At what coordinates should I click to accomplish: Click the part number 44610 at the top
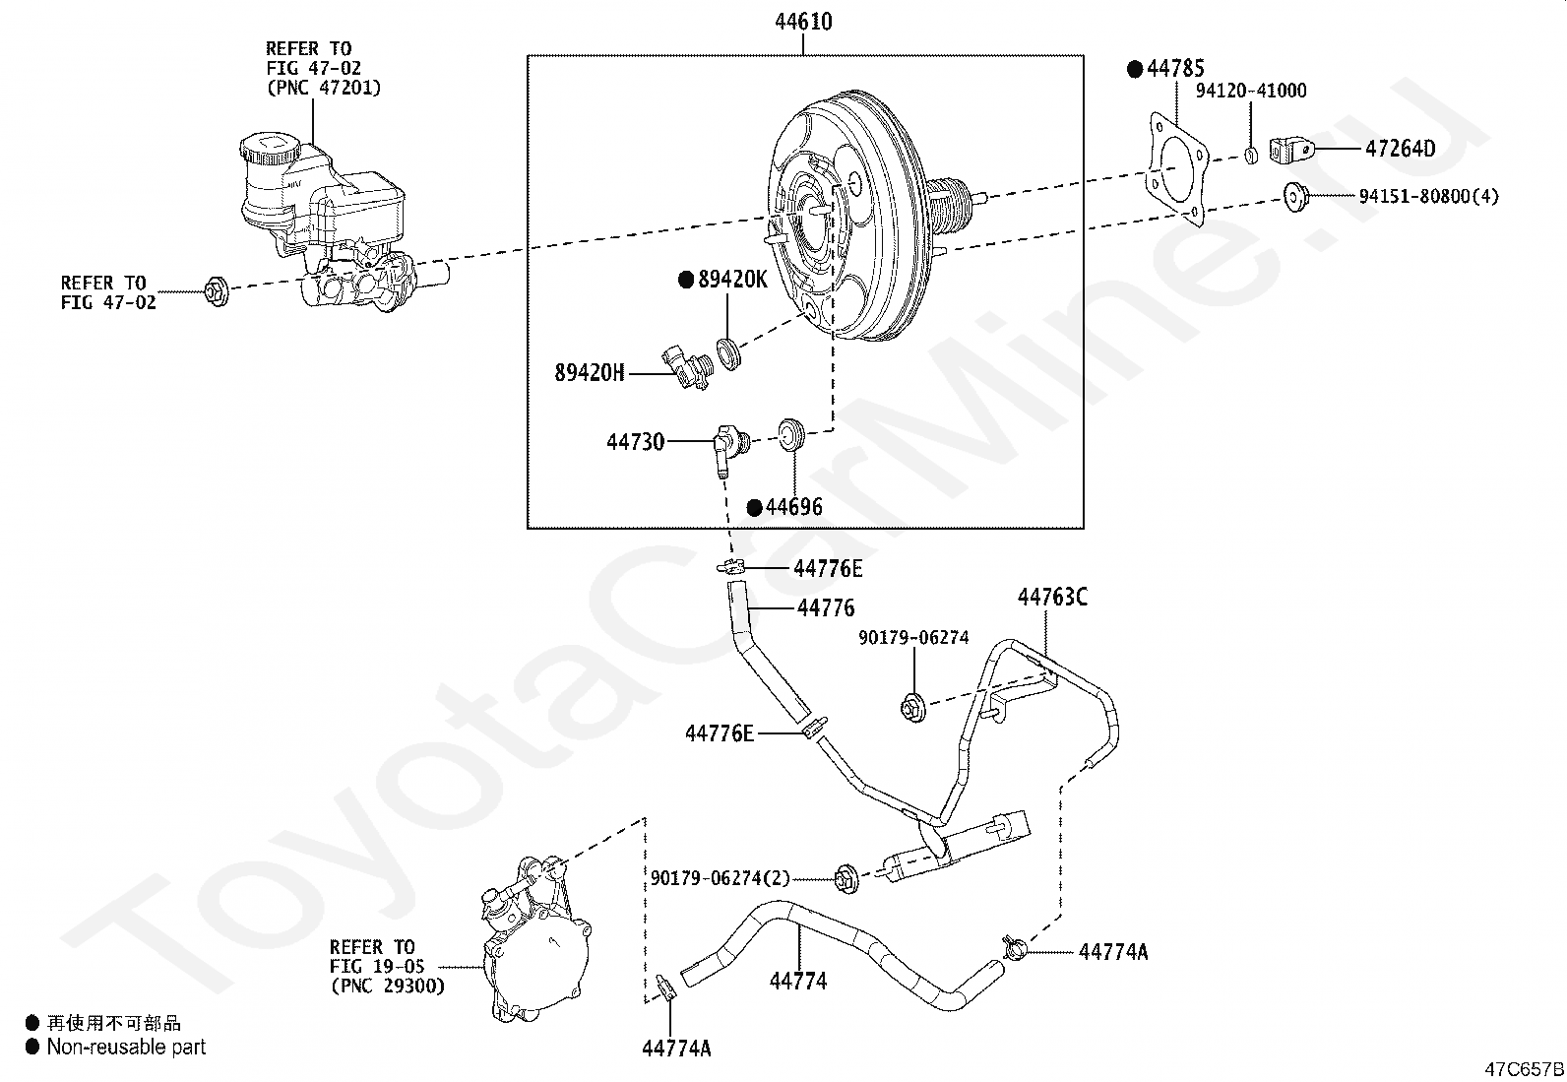(805, 22)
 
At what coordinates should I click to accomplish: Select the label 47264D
(1400, 150)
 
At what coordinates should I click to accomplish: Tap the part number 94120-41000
(1251, 92)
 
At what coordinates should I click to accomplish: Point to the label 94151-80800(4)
(1428, 197)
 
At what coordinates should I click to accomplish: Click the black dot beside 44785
(1135, 69)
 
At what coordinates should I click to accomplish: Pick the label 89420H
(590, 373)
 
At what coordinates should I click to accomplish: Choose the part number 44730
(635, 443)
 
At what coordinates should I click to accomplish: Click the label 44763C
(1052, 598)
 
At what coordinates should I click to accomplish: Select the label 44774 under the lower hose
(798, 981)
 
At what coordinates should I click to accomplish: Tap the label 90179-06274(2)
(720, 877)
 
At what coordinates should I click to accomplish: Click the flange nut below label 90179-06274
(911, 706)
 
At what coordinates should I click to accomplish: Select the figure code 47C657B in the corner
(1524, 1069)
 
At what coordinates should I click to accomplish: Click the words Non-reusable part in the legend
(126, 1048)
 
